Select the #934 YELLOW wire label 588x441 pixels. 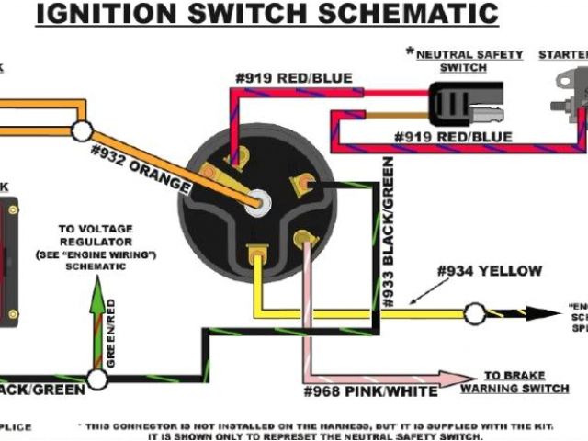point(490,271)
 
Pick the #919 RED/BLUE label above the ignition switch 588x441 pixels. point(293,79)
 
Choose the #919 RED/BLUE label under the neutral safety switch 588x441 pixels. point(454,137)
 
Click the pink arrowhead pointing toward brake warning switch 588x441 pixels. point(459,378)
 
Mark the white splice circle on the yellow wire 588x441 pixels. point(474,314)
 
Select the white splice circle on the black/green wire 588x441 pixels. point(96,379)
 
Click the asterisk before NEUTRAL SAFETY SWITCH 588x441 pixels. point(410,51)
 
